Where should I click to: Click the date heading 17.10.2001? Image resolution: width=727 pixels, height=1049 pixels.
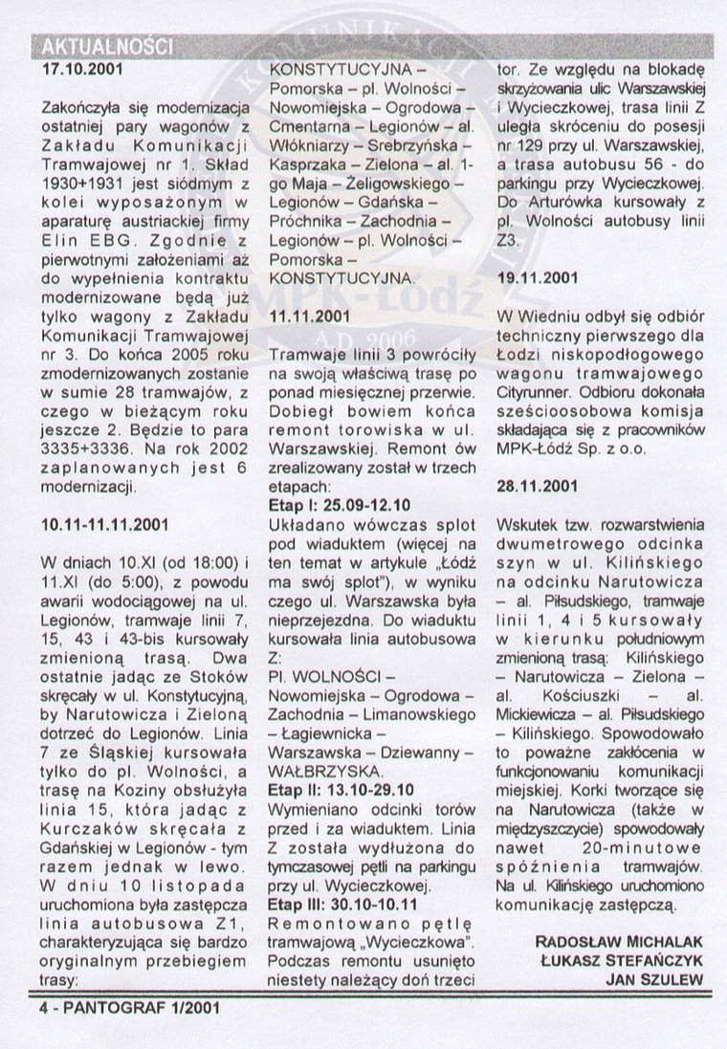pos(82,70)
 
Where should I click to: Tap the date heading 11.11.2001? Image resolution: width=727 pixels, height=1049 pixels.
pos(309,317)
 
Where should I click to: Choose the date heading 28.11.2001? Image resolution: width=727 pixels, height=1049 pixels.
pos(539,485)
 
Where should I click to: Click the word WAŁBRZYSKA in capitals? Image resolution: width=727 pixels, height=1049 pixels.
pos(316,771)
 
